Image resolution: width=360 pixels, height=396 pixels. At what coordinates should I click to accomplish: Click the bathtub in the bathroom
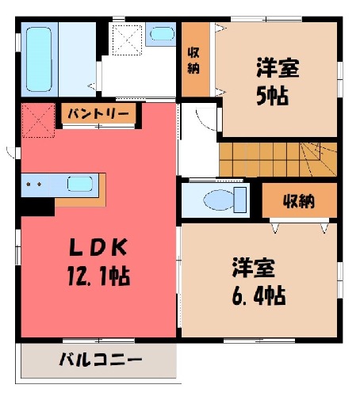(39, 59)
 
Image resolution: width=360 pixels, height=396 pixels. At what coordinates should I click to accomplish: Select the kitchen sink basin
(79, 184)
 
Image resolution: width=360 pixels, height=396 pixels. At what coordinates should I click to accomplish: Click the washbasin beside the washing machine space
(162, 34)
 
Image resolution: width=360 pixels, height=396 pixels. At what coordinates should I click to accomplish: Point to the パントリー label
(98, 114)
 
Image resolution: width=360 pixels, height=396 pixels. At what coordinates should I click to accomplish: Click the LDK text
(98, 247)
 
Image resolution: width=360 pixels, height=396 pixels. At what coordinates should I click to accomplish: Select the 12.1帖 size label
(98, 276)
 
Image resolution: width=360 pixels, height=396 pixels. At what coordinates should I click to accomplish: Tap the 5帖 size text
(272, 97)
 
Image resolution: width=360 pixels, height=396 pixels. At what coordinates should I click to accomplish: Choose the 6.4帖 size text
(259, 295)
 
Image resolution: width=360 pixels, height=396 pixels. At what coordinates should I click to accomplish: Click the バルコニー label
(101, 360)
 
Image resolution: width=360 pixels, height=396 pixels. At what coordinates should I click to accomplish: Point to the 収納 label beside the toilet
(299, 201)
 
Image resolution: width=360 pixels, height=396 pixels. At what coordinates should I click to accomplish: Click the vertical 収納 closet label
(193, 60)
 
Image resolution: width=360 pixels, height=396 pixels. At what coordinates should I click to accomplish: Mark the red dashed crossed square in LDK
(39, 120)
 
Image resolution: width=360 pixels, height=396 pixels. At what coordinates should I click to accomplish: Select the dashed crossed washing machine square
(128, 40)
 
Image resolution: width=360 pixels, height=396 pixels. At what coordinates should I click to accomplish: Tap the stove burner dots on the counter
(34, 184)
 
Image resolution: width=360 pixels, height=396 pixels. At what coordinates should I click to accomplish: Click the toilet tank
(240, 200)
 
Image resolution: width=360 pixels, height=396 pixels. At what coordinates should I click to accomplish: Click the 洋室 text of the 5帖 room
(278, 68)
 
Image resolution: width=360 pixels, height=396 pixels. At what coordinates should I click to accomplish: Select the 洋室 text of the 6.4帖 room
(254, 268)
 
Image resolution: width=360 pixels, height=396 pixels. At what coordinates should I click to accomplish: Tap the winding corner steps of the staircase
(318, 159)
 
